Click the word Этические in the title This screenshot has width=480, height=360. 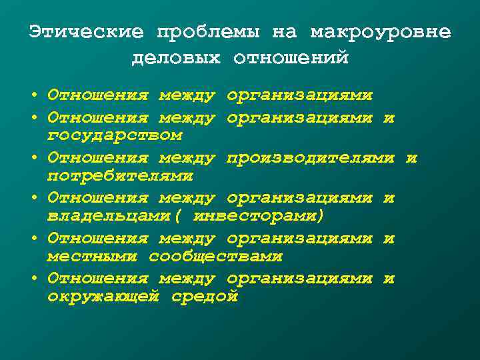click(x=86, y=32)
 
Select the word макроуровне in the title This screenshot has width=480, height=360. click(x=380, y=32)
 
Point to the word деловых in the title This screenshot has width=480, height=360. click(x=176, y=59)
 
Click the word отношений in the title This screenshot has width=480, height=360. click(x=291, y=59)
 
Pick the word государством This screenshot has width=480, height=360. click(x=114, y=136)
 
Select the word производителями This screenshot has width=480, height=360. click(x=311, y=159)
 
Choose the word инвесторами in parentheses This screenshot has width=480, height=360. click(x=257, y=216)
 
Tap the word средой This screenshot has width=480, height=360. click(x=204, y=296)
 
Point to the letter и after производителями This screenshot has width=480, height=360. click(x=411, y=159)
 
